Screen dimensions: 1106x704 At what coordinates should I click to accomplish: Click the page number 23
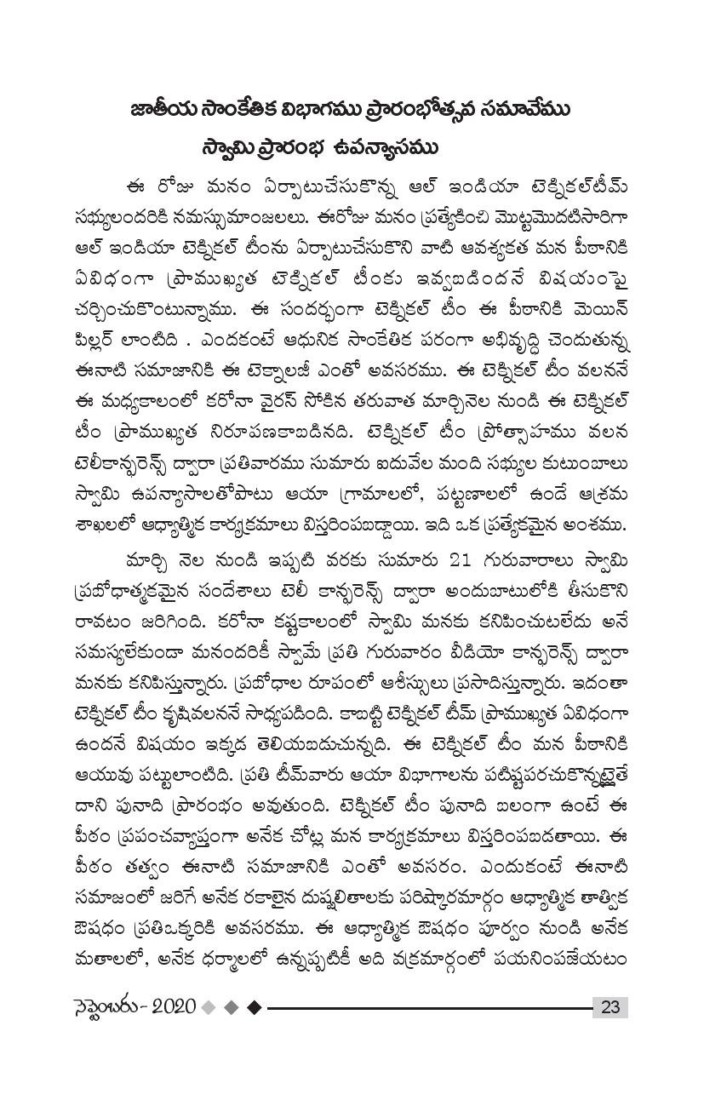[610, 1007]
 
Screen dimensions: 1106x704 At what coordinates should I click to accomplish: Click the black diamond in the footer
[253, 1007]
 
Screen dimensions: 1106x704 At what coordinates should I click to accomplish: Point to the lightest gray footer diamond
[209, 1007]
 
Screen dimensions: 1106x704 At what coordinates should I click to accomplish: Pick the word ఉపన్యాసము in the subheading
[383, 148]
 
